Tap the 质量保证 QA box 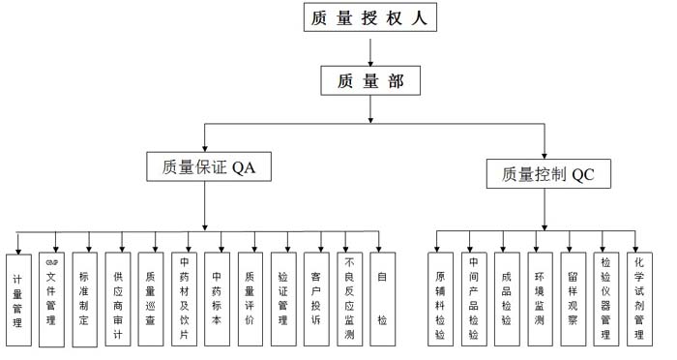(207, 165)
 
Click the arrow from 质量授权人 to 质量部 (370, 49)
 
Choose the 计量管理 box (18, 300)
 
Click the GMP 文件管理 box (51, 300)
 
